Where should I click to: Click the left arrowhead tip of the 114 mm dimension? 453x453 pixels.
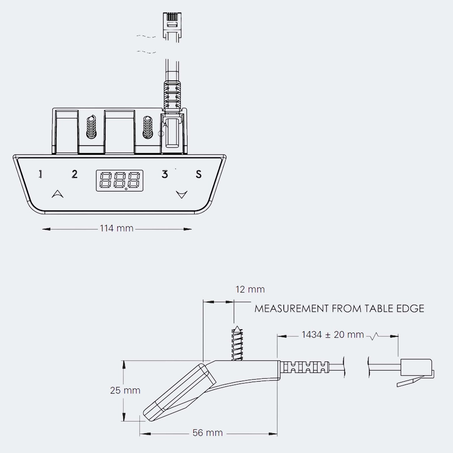(x=42, y=229)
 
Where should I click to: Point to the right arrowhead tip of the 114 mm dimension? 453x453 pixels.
(x=192, y=229)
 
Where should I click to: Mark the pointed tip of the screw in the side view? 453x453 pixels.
(x=237, y=326)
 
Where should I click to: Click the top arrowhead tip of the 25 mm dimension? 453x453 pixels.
(x=124, y=361)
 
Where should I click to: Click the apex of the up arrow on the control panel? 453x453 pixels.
(x=58, y=191)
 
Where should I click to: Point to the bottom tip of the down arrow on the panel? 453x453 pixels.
(x=181, y=198)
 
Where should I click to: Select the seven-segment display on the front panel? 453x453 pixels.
(x=119, y=181)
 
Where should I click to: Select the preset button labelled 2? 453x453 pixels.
(x=74, y=174)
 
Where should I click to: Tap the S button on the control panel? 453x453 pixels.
(x=199, y=174)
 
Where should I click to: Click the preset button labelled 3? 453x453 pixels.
(x=164, y=174)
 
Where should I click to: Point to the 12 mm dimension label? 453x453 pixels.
(x=250, y=289)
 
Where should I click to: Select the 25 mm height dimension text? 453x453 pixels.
(x=125, y=390)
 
